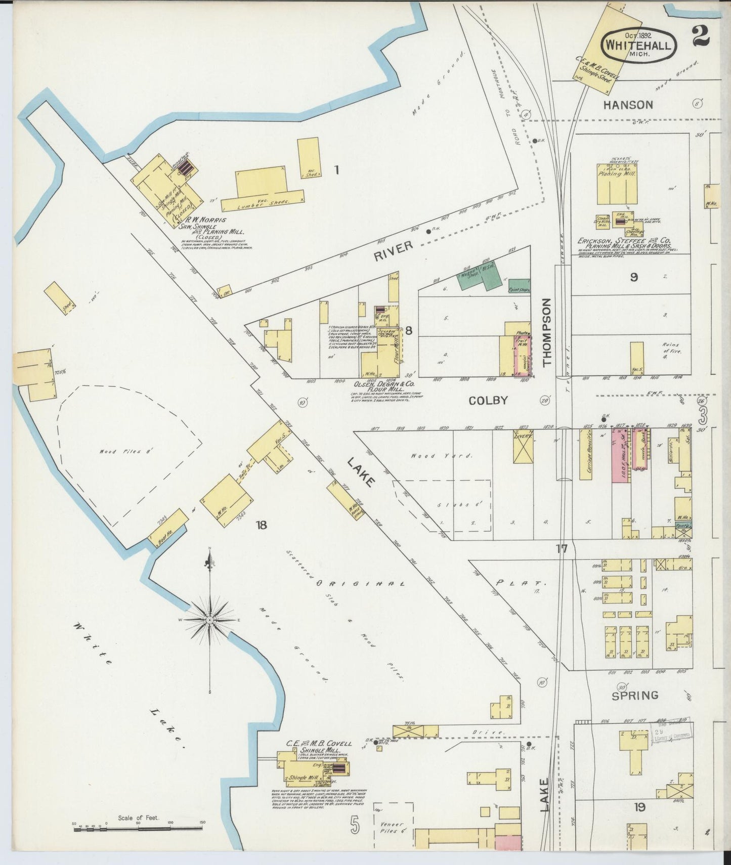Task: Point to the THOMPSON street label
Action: click(546, 332)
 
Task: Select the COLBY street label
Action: click(488, 401)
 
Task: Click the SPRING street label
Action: click(635, 695)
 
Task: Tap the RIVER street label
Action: click(393, 250)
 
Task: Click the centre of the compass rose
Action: click(209, 619)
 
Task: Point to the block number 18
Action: click(261, 525)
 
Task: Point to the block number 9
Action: click(633, 277)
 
